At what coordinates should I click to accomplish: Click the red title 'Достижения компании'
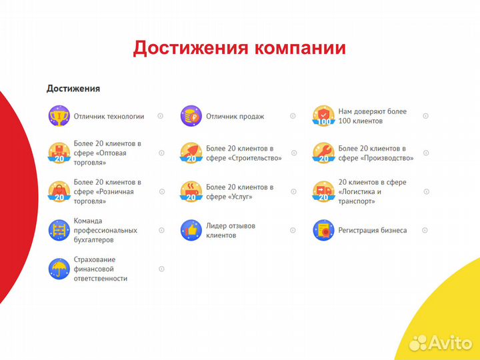pyautogui.click(x=239, y=48)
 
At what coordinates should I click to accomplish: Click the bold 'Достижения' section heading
pyautogui.click(x=73, y=88)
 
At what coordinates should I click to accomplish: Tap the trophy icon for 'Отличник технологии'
pyautogui.click(x=59, y=116)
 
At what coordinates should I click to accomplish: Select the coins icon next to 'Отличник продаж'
pyautogui.click(x=191, y=116)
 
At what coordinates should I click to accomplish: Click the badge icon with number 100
pyautogui.click(x=323, y=116)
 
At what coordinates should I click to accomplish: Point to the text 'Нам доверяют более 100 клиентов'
pyautogui.click(x=372, y=116)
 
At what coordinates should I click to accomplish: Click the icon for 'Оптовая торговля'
pyautogui.click(x=59, y=153)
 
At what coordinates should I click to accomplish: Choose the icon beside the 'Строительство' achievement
pyautogui.click(x=191, y=153)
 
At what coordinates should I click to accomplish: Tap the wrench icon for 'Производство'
pyautogui.click(x=323, y=153)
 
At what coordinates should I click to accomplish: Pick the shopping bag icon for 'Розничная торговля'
pyautogui.click(x=59, y=191)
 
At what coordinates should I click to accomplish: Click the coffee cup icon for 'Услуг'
pyautogui.click(x=191, y=191)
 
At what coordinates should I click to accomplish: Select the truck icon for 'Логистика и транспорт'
pyautogui.click(x=323, y=191)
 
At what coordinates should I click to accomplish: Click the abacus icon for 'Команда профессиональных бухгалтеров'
pyautogui.click(x=59, y=230)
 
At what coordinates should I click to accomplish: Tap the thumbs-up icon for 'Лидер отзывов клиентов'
pyautogui.click(x=191, y=230)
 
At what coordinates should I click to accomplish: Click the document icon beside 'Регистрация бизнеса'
pyautogui.click(x=323, y=230)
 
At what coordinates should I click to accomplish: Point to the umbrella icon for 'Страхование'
pyautogui.click(x=59, y=269)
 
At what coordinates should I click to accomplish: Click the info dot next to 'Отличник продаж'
pyautogui.click(x=293, y=116)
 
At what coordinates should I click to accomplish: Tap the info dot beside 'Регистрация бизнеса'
pyautogui.click(x=425, y=230)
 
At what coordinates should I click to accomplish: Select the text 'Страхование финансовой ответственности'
pyautogui.click(x=100, y=269)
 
